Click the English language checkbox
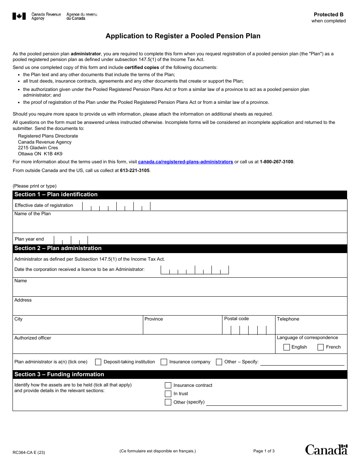(x=286, y=347)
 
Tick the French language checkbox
(x=321, y=347)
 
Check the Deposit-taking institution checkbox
(x=98, y=362)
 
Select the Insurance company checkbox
(x=164, y=362)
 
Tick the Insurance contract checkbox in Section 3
(x=168, y=385)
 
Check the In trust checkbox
(x=168, y=394)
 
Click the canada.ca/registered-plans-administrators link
(x=185, y=162)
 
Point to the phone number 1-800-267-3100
(x=276, y=162)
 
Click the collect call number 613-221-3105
(x=135, y=170)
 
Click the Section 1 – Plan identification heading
(x=56, y=194)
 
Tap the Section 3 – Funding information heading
(x=59, y=374)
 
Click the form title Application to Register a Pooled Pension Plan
(x=183, y=36)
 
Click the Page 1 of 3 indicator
(x=264, y=451)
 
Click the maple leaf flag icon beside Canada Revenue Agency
(x=19, y=16)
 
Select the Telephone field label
(x=288, y=319)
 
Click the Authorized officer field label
(x=33, y=338)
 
